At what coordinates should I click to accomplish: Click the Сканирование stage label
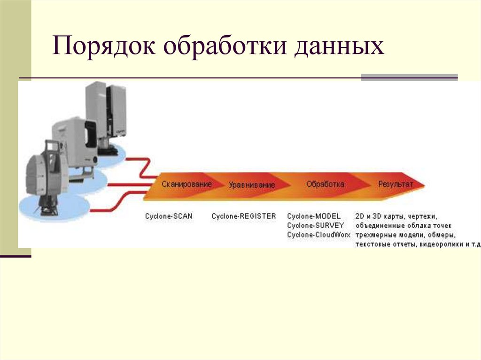tap(186, 184)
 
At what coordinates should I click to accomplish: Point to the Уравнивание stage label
tap(252, 185)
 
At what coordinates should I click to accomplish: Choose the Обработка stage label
tap(325, 184)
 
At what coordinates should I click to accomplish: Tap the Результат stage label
tap(396, 184)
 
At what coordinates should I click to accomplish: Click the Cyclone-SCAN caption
tap(169, 216)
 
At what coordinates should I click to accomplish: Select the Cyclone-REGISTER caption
tap(244, 216)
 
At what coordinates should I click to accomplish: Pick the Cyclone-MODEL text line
tap(313, 216)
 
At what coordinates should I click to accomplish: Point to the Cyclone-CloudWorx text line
tap(318, 234)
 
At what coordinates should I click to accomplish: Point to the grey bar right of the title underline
tap(409, 77)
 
